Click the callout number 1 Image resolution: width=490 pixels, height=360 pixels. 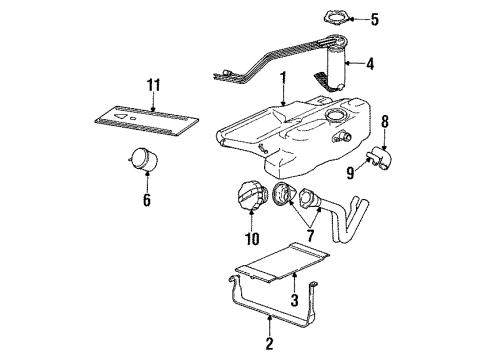pyautogui.click(x=283, y=77)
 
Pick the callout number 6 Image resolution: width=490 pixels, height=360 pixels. pyautogui.click(x=147, y=200)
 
